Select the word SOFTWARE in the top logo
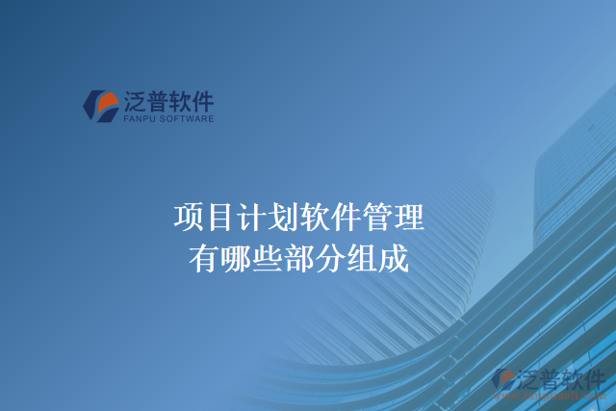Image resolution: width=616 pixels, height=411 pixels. pos(188,120)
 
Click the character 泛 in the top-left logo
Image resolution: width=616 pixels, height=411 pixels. pos(134,101)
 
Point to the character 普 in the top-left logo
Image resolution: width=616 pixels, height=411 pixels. pos(157,101)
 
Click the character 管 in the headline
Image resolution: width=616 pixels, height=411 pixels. pos(377,218)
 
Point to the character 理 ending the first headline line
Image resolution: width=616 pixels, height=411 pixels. pos(409,218)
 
